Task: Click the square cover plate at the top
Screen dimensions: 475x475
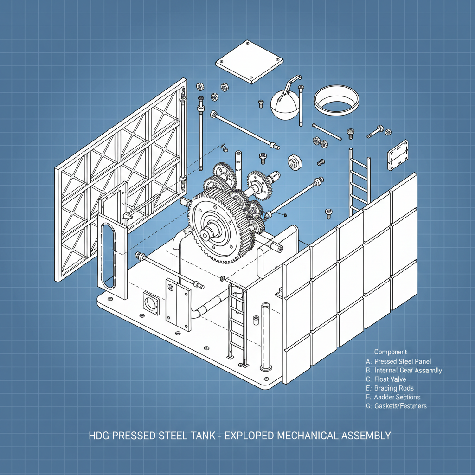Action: (x=250, y=62)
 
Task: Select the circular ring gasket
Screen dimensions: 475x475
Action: (x=337, y=99)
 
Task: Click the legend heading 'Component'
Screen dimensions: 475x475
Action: (x=390, y=352)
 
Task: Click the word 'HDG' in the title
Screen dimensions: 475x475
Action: (x=98, y=436)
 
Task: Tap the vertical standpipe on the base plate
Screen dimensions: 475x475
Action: (x=265, y=336)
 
